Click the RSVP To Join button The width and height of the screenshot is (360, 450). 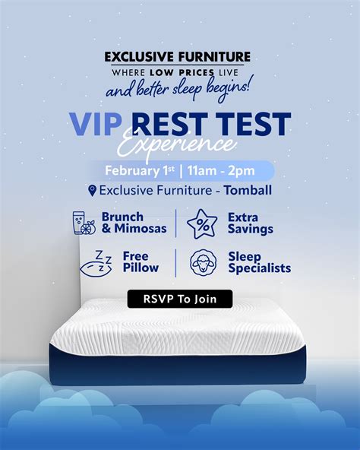[x=180, y=299]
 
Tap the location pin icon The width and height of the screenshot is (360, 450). [x=92, y=191]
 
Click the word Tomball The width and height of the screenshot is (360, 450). [x=248, y=190]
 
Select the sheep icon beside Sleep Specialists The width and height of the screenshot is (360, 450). [x=204, y=262]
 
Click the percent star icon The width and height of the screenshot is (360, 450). [x=202, y=223]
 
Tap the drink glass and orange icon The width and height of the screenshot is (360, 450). [x=84, y=223]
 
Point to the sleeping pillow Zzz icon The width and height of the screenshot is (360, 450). [x=96, y=264]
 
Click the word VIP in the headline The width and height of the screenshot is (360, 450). [x=96, y=124]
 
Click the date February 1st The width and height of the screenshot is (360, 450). [x=140, y=170]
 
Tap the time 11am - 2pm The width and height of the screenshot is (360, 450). [x=221, y=171]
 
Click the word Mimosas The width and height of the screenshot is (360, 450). [x=141, y=229]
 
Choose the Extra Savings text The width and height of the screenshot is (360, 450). [x=251, y=223]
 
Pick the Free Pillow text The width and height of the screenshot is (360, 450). [x=141, y=262]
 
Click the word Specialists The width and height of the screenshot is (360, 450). [x=260, y=268]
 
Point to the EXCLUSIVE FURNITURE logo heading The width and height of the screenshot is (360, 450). [x=178, y=57]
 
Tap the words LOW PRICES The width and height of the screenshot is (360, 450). [x=182, y=72]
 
